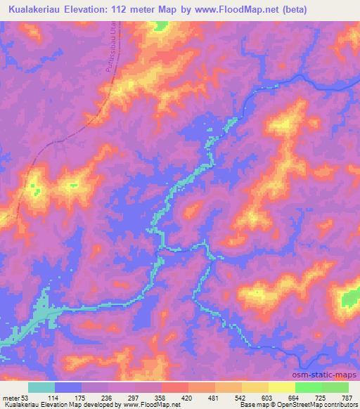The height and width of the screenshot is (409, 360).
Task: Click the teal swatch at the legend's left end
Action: coord(41,388)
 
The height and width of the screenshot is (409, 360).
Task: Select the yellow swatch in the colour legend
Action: coord(282,388)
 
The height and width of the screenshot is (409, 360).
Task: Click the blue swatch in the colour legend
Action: coord(68,388)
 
